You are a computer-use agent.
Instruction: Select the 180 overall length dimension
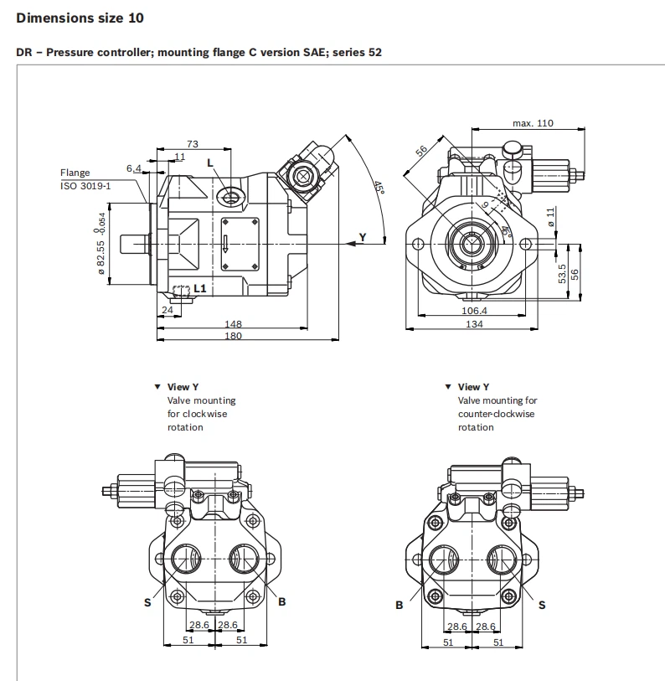(x=233, y=336)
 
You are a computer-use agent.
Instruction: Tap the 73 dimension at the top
(x=192, y=144)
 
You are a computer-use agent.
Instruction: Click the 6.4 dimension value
(x=134, y=168)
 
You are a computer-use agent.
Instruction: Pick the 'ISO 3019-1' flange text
(x=85, y=185)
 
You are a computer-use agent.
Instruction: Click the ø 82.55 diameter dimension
(x=101, y=258)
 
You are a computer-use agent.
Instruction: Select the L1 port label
(x=199, y=288)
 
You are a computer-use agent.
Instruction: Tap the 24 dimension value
(x=168, y=309)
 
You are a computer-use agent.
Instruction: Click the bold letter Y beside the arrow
(x=362, y=237)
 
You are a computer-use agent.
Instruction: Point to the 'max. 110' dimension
(x=533, y=123)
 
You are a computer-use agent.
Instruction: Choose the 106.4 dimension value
(x=474, y=311)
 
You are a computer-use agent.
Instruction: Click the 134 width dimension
(x=474, y=324)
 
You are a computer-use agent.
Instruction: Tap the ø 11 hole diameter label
(x=550, y=215)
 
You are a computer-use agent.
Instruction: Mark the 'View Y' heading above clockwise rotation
(x=183, y=387)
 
